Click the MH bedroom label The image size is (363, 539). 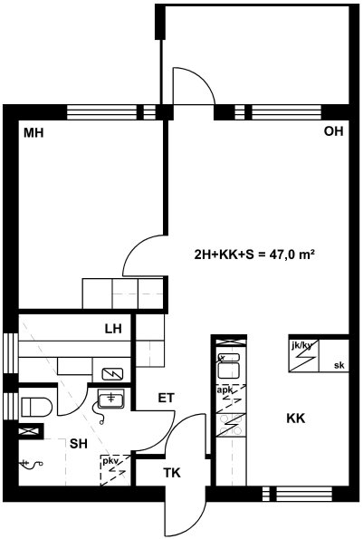pyautogui.click(x=33, y=132)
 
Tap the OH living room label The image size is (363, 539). pyautogui.click(x=333, y=131)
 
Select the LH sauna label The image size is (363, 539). pyautogui.click(x=113, y=329)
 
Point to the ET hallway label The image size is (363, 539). pyautogui.click(x=167, y=398)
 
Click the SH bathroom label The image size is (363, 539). pyautogui.click(x=79, y=444)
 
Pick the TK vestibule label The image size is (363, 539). pyautogui.click(x=172, y=473)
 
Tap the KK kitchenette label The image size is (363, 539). pyautogui.click(x=296, y=419)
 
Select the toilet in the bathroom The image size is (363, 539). pyautogui.click(x=37, y=408)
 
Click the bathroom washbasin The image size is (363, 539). pyautogui.click(x=111, y=399)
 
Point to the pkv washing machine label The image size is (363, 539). pyautogui.click(x=110, y=461)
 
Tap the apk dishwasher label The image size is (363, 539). pyautogui.click(x=224, y=390)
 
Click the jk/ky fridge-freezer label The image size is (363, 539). pyautogui.click(x=301, y=345)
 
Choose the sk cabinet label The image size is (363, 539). pyautogui.click(x=339, y=365)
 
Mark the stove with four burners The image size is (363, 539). pyautogui.click(x=232, y=425)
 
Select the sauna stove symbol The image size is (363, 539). pyautogui.click(x=112, y=374)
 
